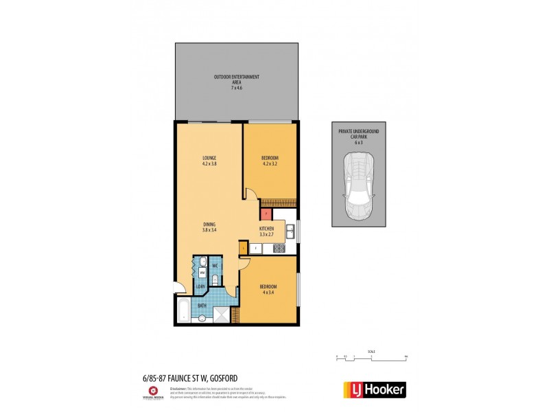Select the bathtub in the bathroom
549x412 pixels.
tap(184, 310)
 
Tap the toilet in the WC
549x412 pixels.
tap(215, 279)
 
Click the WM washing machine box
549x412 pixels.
tap(202, 272)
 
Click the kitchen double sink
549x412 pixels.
tap(291, 233)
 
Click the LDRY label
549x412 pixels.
tap(200, 287)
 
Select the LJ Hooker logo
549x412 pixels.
tap(374, 389)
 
